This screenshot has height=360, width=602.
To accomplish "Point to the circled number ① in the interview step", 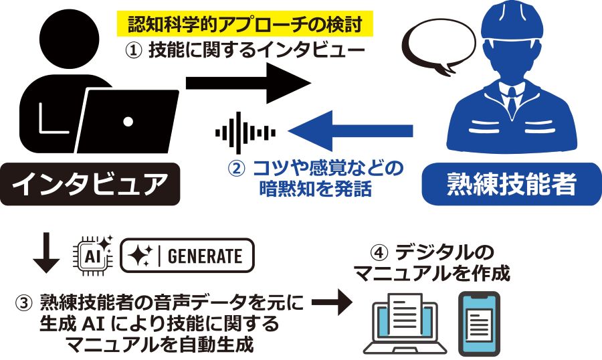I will [134, 50].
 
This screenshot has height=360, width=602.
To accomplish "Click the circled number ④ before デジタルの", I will [379, 254].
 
